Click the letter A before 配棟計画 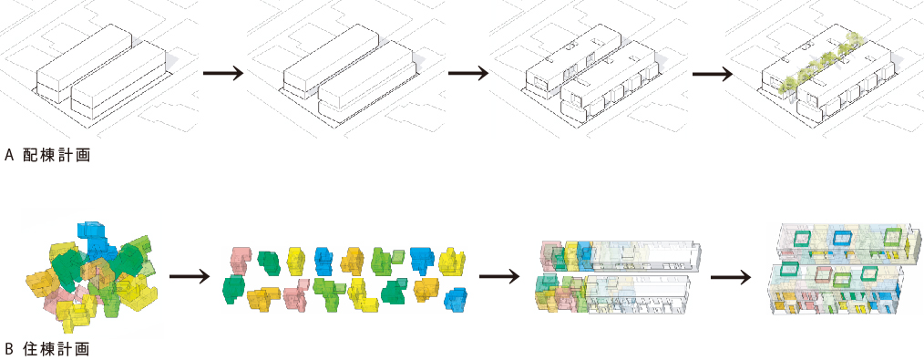(x=8, y=156)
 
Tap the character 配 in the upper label (x=30, y=156)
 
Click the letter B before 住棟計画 (x=8, y=349)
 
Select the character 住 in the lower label (x=30, y=349)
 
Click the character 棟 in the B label (x=47, y=349)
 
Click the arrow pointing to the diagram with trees (x=713, y=74)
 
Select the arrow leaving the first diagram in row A (x=222, y=74)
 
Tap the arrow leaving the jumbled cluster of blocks (x=190, y=276)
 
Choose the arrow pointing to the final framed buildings (x=731, y=277)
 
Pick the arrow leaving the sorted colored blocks (x=499, y=276)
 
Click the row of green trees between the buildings (x=823, y=63)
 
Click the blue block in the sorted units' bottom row (x=455, y=299)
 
